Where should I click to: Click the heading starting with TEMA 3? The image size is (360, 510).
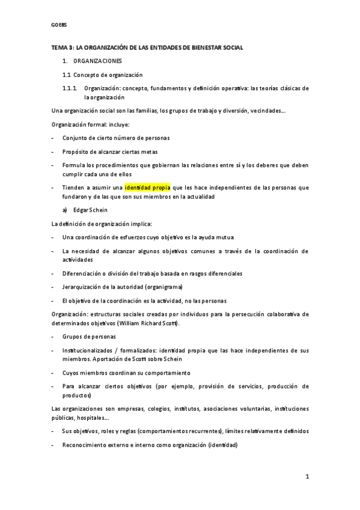pyautogui.click(x=147, y=47)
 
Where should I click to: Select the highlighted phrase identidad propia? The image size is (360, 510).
pyautogui.click(x=148, y=187)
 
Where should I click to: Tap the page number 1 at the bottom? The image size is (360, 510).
pyautogui.click(x=307, y=477)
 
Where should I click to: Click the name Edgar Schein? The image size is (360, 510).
pyautogui.click(x=90, y=210)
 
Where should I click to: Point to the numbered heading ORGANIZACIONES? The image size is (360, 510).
pyautogui.click(x=97, y=61)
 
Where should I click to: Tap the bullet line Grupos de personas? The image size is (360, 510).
pyautogui.click(x=89, y=336)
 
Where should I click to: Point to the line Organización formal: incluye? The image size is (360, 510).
pyautogui.click(x=90, y=124)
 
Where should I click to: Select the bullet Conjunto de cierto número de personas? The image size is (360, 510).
pyautogui.click(x=116, y=138)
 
